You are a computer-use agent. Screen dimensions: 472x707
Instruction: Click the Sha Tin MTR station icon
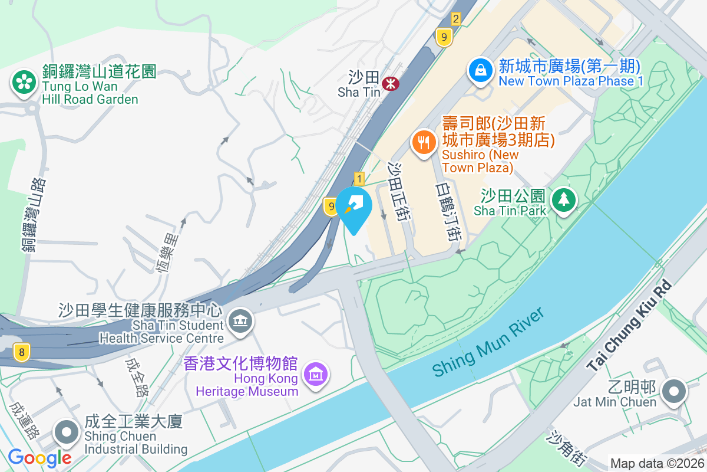(389, 83)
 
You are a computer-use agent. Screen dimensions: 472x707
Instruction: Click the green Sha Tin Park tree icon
(564, 200)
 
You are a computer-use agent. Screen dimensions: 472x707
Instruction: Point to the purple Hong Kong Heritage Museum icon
(315, 373)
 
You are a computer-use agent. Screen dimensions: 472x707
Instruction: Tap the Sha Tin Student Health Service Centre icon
(240, 322)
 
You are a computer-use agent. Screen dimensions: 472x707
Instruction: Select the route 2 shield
(455, 19)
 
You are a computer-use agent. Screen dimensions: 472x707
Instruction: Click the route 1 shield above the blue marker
(359, 178)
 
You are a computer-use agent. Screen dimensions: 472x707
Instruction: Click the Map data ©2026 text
(657, 464)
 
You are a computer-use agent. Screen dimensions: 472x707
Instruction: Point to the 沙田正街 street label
(399, 192)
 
